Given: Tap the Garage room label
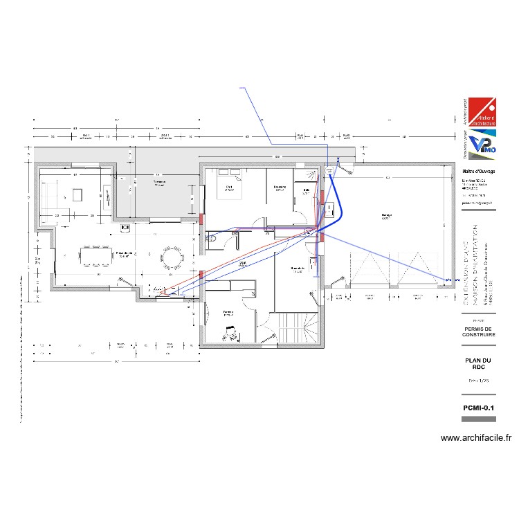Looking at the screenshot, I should point(386,216).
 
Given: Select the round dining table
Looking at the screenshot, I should point(171,258).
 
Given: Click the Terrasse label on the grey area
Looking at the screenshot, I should point(158,183).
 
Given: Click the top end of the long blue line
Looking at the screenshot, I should point(239,89).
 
